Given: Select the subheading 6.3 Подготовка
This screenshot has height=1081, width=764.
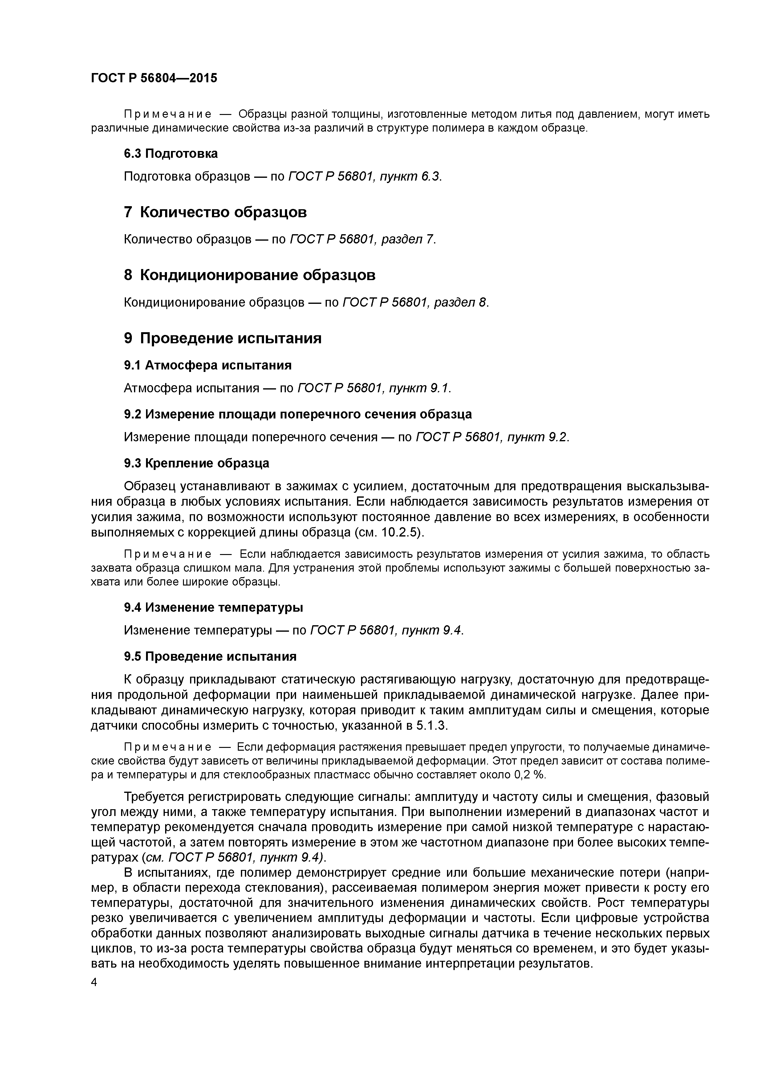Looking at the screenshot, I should click(x=171, y=153).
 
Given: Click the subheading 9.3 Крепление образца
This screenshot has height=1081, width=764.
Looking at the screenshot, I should click(x=197, y=463).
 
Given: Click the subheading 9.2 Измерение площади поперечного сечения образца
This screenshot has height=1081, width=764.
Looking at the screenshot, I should click(x=298, y=414).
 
